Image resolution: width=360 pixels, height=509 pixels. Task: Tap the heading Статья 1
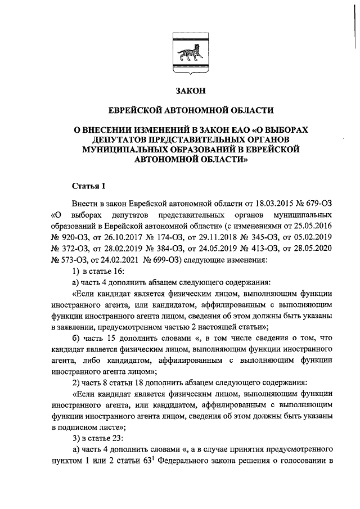88,186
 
